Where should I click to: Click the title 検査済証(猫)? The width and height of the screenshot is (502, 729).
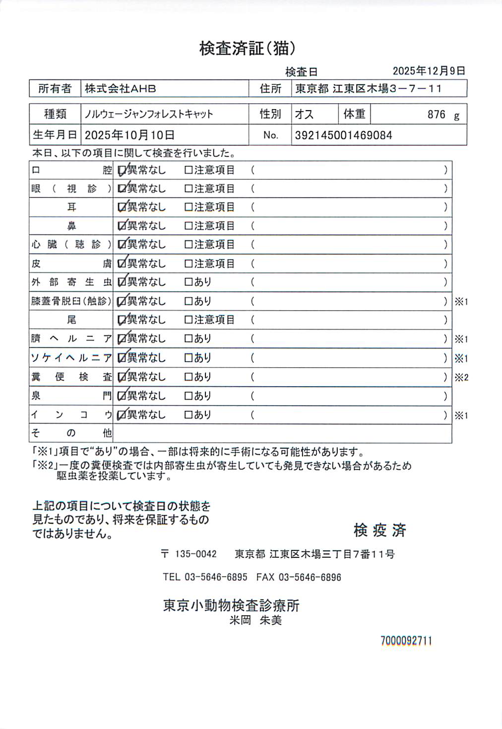click(x=248, y=48)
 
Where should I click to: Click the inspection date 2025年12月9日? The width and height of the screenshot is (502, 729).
click(x=429, y=71)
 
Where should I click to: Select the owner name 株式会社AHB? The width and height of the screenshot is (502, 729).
click(x=120, y=89)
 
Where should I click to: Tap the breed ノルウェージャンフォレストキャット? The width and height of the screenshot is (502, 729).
click(x=149, y=114)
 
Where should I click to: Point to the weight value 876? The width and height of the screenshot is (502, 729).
click(x=437, y=115)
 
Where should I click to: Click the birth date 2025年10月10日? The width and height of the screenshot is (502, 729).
click(x=129, y=135)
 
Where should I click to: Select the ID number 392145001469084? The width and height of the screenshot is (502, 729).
click(x=343, y=135)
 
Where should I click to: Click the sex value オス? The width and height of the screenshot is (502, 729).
click(x=304, y=115)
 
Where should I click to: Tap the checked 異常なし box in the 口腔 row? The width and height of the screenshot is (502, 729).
click(x=122, y=171)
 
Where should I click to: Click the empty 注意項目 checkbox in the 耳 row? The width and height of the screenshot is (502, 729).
click(x=188, y=207)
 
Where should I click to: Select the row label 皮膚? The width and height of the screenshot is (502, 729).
click(x=71, y=264)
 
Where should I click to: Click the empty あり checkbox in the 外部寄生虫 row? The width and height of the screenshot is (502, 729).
click(x=188, y=282)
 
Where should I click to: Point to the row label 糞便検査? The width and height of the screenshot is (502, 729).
click(x=71, y=377)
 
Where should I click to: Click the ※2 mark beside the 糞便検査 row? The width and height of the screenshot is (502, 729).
click(x=461, y=378)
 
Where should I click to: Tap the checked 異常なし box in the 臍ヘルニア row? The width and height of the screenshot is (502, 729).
click(x=122, y=339)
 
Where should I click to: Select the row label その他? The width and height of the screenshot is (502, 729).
click(x=71, y=433)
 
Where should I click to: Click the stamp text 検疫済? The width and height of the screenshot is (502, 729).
click(x=380, y=530)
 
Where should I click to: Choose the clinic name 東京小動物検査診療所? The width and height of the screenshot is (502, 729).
click(x=231, y=605)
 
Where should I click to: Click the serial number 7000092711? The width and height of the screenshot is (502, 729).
click(x=406, y=641)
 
